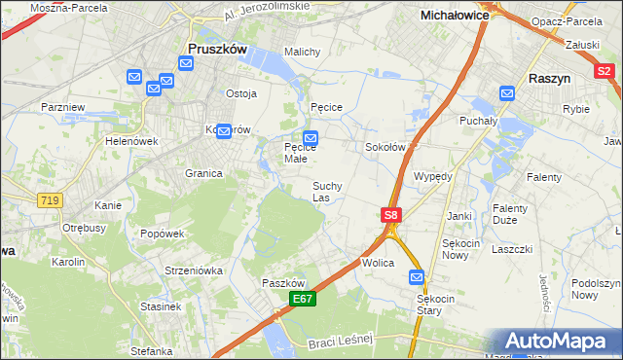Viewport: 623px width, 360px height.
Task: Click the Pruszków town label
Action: point(218,48)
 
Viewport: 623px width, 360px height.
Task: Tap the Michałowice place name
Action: point(453,16)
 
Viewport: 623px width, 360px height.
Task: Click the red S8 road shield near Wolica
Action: point(390,215)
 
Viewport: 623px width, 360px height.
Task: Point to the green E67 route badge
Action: point(302,300)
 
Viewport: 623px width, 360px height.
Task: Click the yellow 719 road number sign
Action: point(49,199)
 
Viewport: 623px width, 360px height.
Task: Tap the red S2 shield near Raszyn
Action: point(605,70)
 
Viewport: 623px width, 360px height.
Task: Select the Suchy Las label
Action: point(327,192)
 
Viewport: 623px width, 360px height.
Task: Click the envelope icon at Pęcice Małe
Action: point(311,138)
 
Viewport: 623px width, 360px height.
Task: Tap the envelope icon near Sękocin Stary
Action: point(417,276)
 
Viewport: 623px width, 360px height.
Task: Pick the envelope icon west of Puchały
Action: point(507,92)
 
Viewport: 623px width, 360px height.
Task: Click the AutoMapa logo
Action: point(560,342)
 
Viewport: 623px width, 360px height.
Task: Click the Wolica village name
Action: point(378,263)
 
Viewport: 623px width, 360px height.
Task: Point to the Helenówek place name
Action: point(131,141)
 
